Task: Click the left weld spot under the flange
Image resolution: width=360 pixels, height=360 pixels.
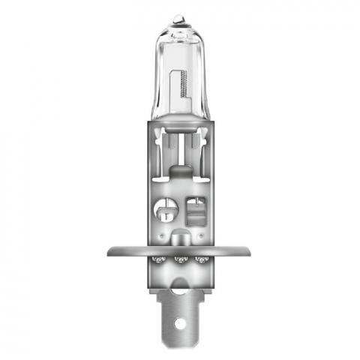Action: [x=159, y=260]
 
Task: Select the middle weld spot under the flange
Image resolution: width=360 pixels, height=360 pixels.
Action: [x=180, y=260]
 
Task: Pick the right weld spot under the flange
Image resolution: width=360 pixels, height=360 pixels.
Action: [x=200, y=260]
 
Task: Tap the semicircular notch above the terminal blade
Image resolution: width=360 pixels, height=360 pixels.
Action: [x=179, y=285]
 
